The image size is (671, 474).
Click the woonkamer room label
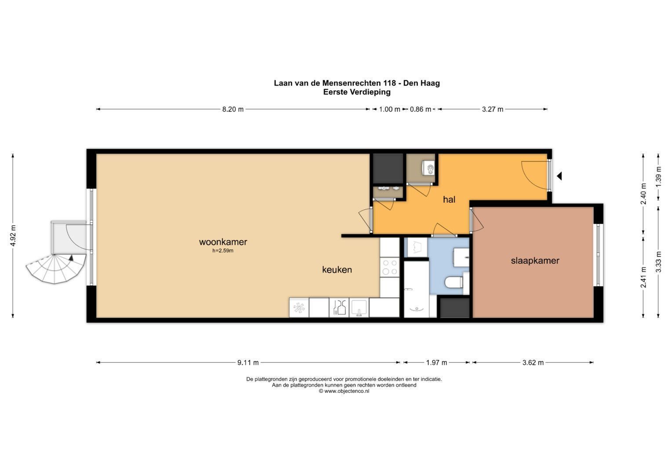(223, 242)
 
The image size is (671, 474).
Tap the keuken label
(337, 269)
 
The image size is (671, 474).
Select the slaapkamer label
(535, 261)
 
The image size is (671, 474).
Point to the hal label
(449, 199)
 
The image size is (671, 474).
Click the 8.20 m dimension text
(233, 109)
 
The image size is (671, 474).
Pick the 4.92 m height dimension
(13, 236)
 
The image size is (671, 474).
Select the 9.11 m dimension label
(248, 363)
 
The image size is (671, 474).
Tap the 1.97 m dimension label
(436, 363)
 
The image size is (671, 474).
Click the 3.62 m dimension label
(533, 363)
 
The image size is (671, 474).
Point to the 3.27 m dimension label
(493, 109)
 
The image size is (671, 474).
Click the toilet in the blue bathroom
(453, 282)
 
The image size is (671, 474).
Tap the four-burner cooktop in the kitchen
(390, 267)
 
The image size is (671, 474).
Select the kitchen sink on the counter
(359, 308)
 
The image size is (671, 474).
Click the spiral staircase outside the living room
(55, 269)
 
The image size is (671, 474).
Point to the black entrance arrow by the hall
(559, 176)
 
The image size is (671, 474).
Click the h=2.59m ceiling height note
(223, 251)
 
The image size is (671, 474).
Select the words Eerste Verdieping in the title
(357, 92)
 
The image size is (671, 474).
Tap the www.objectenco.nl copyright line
(344, 391)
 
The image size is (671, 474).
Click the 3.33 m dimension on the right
(658, 262)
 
